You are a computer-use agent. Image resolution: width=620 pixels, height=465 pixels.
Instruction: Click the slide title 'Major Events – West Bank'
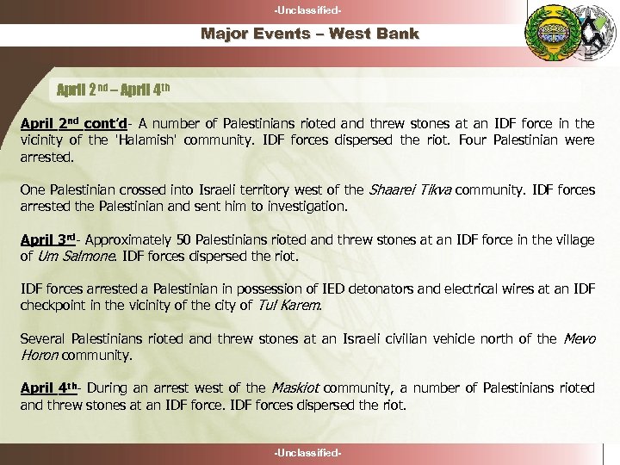pos(310,34)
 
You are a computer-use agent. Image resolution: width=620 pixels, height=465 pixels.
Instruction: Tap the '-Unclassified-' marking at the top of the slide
pos(310,9)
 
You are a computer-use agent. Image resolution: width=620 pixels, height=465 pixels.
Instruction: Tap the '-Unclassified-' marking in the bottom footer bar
pos(310,453)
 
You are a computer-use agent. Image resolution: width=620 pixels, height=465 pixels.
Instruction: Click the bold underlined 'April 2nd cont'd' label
pos(75,122)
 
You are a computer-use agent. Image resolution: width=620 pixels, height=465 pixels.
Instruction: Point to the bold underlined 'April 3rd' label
pos(48,242)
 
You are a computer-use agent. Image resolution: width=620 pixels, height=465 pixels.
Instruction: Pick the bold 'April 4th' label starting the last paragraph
pos(49,387)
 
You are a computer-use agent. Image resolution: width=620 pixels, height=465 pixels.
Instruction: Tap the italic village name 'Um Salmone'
pos(76,257)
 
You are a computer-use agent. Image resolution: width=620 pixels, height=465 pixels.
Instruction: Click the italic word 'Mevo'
pos(579,338)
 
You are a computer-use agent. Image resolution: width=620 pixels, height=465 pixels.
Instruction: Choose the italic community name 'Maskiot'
pos(305,387)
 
